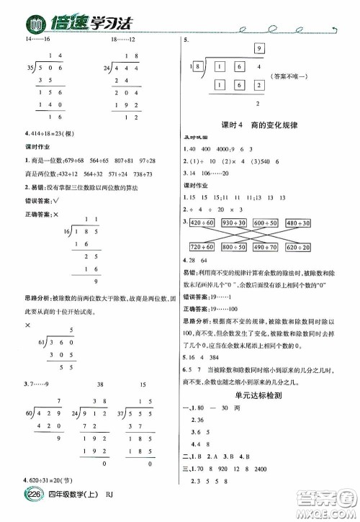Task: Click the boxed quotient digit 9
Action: point(257,48)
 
